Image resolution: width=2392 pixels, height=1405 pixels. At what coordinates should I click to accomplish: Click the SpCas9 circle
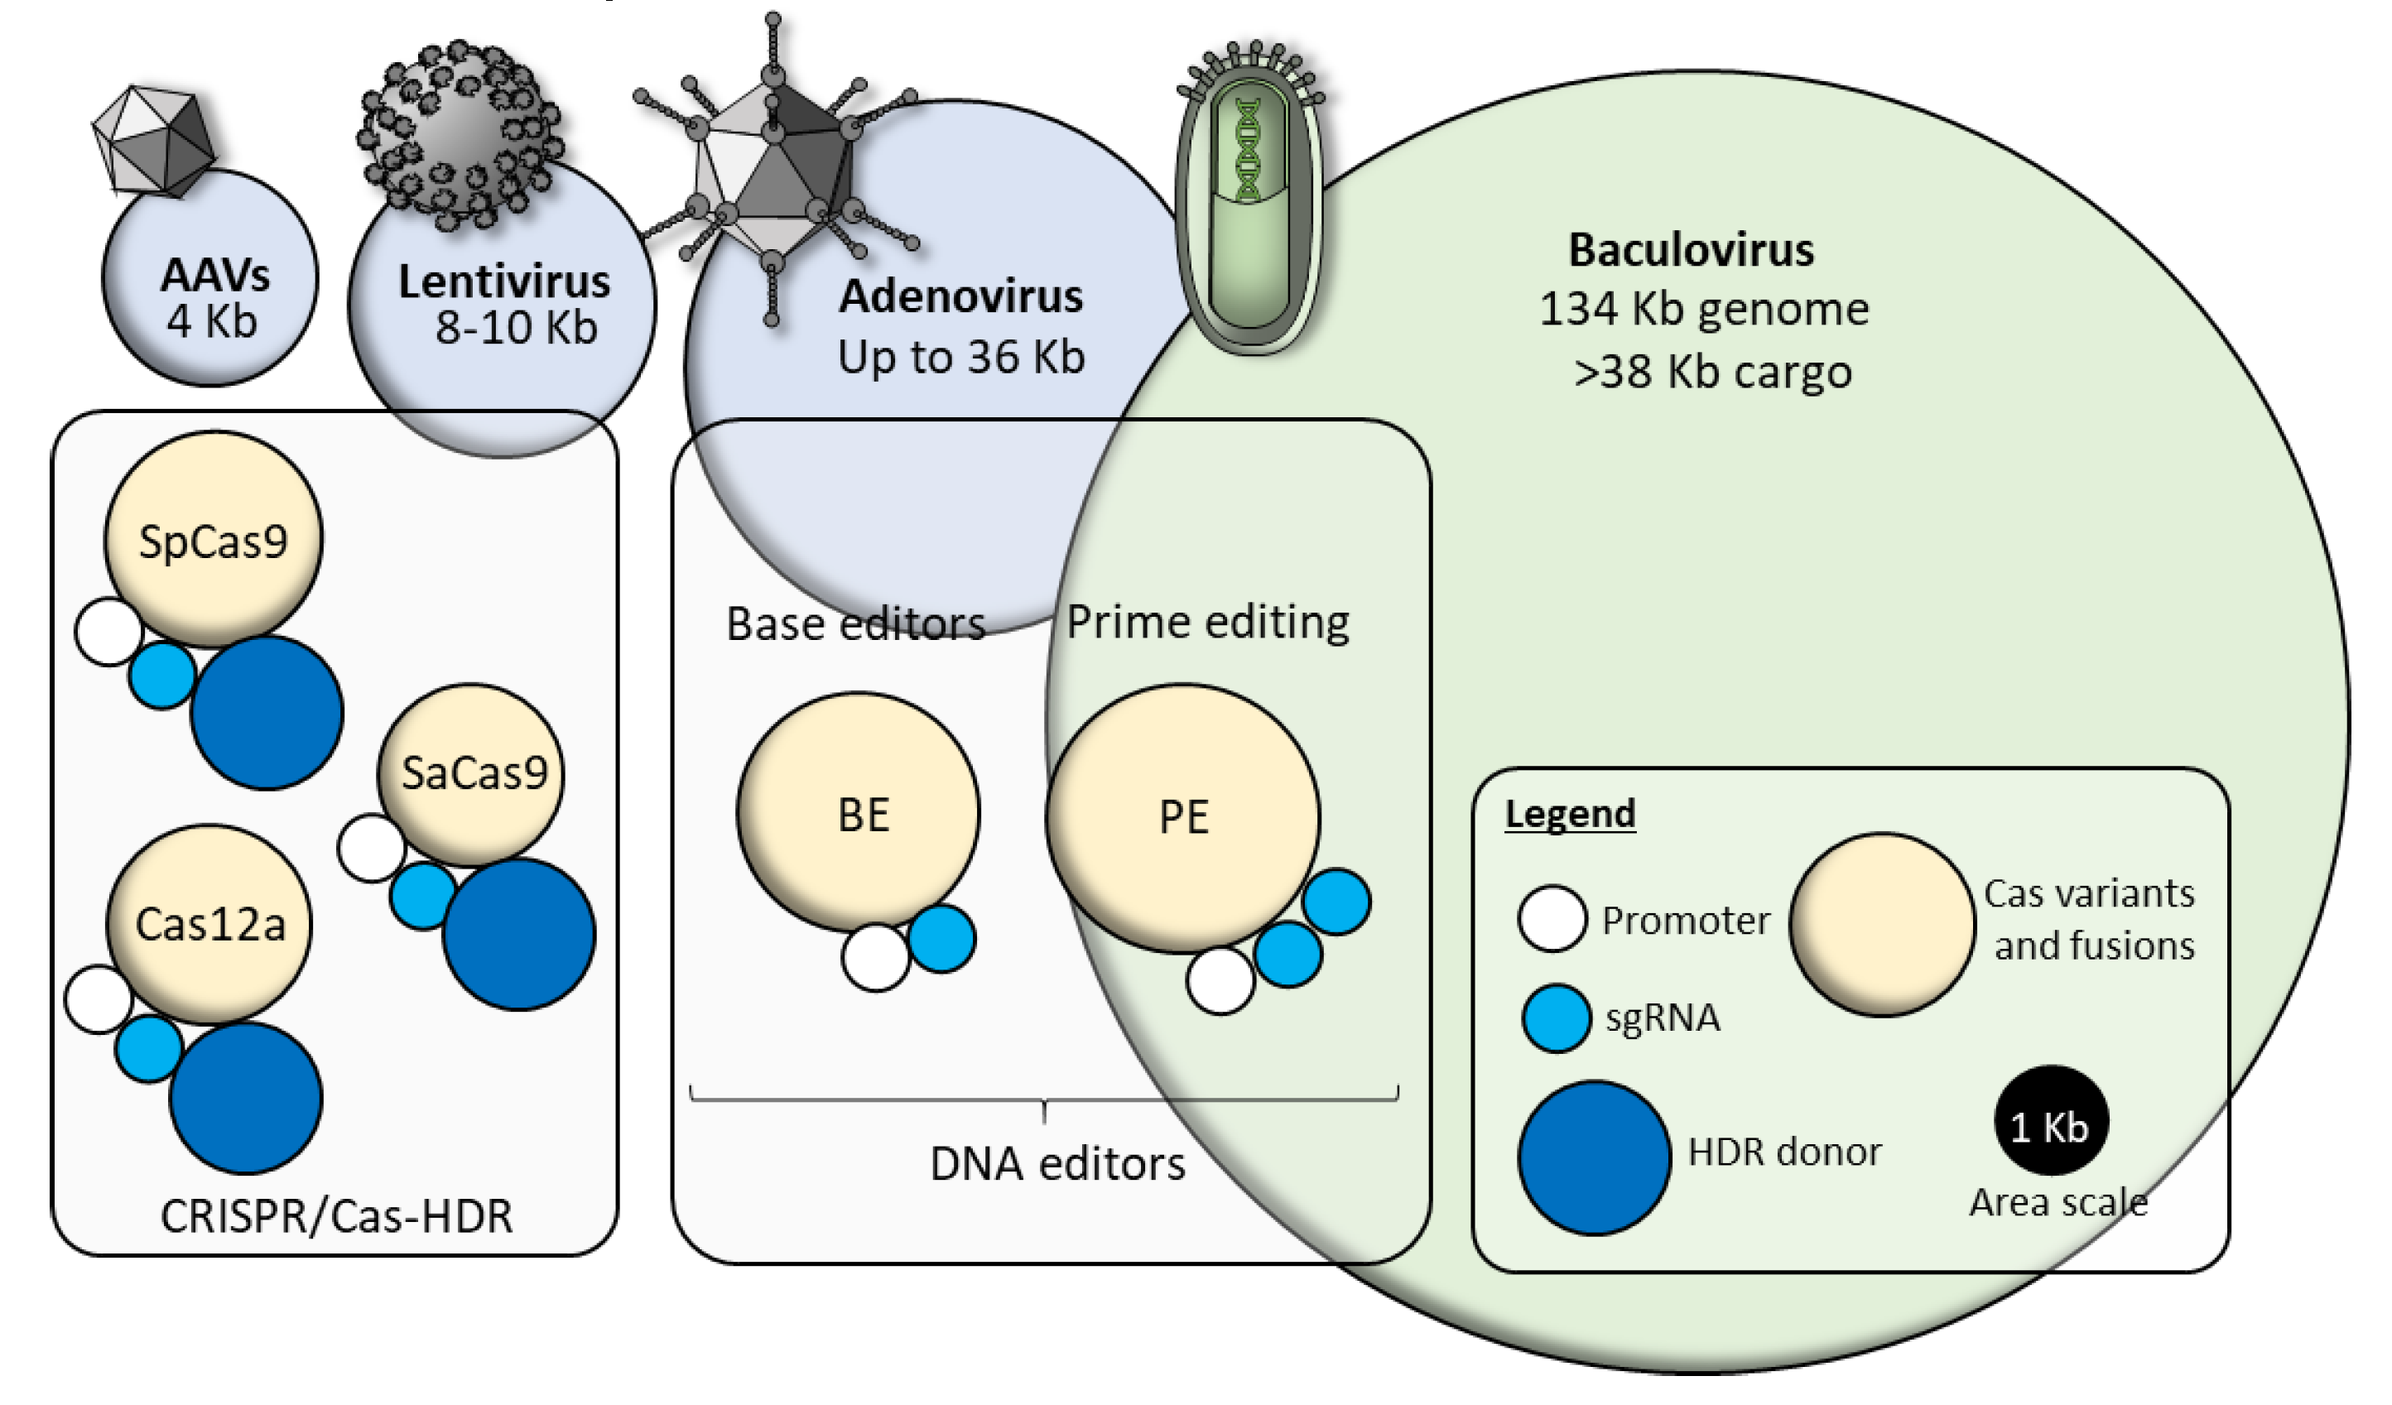point(214,539)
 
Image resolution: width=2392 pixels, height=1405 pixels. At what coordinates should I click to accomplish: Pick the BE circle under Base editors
point(859,811)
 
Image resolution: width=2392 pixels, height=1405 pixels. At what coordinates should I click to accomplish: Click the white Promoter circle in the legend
point(1552,919)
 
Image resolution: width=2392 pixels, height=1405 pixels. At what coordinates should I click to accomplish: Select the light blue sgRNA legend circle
point(1556,1018)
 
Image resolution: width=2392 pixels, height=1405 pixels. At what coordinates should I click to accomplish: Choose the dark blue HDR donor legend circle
point(1595,1157)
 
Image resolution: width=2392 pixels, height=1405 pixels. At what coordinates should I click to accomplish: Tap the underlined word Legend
point(1570,814)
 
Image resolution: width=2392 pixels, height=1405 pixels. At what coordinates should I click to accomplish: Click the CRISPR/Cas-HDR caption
point(336,1216)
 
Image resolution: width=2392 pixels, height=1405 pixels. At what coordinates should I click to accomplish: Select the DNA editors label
point(1057,1164)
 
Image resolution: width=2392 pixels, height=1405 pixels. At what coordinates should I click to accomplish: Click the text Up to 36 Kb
point(960,357)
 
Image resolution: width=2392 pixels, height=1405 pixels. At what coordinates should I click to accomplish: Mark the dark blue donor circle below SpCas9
point(267,712)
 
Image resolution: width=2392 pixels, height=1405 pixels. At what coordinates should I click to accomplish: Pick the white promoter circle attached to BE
point(875,958)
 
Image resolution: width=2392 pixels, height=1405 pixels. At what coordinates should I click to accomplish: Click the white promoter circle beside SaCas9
point(372,848)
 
